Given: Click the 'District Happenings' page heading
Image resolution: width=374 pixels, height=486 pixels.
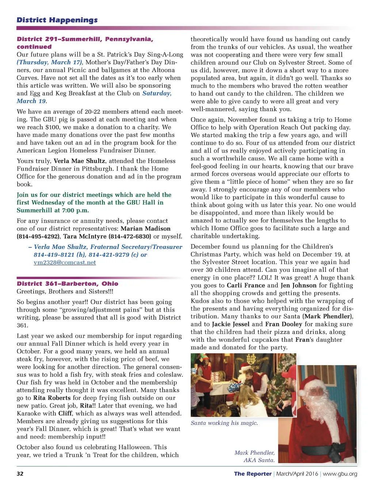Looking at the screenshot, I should tap(57, 20).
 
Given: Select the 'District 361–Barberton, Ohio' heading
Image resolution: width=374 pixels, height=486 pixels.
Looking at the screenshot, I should tap(68, 284).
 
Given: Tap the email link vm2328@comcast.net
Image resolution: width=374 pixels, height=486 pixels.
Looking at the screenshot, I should tap(65, 262).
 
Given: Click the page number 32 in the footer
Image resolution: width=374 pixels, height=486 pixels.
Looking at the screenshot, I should tap(20, 474).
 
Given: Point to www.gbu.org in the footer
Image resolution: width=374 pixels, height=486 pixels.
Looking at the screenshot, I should tap(340, 474).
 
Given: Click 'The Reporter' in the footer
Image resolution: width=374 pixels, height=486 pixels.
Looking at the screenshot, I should tap(253, 474).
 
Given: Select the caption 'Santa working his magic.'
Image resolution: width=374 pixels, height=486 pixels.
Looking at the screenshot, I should tap(224, 423).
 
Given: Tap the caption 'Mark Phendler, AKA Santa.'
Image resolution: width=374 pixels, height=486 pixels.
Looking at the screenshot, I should tap(255, 456).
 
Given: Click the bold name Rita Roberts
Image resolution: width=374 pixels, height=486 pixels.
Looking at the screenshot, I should tap(52, 398).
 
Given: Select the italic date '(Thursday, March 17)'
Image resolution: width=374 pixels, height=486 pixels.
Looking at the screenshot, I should tap(50, 62).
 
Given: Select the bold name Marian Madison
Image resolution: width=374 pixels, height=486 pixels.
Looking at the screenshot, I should tap(145, 229).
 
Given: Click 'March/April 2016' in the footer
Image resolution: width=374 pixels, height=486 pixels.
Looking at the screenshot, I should tap(297, 474).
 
